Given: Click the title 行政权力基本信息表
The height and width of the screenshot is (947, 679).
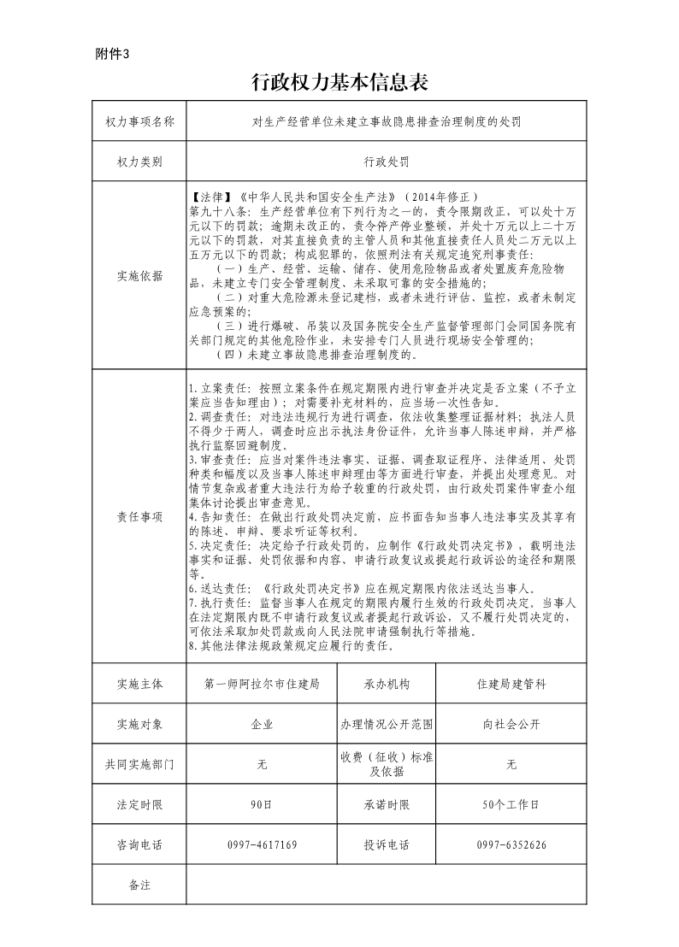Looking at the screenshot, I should pos(339,82).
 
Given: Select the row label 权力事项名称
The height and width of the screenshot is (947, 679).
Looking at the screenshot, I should pos(139,122).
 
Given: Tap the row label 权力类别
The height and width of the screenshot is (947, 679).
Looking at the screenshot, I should pos(139,161).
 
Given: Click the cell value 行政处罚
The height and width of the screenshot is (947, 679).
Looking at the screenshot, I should pos(386,161).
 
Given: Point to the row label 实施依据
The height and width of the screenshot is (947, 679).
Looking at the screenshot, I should pos(139,275).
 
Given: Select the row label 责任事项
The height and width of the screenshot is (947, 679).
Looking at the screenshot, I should pos(139,515).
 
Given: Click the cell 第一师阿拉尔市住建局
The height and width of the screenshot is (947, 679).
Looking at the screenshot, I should pos(262,684).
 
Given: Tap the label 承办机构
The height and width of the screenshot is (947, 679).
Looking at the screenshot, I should pos(387,684).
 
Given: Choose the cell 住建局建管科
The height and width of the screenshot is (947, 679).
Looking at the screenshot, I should pos(511,684).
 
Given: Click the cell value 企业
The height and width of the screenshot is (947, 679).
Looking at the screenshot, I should pos(262,724).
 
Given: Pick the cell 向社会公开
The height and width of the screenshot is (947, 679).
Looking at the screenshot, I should pos(511,724).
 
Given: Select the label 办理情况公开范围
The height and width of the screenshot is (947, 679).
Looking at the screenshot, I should pos(387,724).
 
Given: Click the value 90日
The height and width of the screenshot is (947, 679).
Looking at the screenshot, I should pos(262,804).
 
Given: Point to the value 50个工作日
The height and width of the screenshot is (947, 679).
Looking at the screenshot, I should pos(511,804).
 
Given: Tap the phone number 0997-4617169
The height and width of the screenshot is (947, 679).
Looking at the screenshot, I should pos(262,844).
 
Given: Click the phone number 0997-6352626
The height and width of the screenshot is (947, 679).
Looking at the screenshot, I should pos(511,844).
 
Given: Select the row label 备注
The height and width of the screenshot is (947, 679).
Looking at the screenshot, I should pos(139,885).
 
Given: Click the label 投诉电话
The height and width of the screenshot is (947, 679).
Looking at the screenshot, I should pos(387,844).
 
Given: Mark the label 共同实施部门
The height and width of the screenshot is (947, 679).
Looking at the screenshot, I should pos(139,764).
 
